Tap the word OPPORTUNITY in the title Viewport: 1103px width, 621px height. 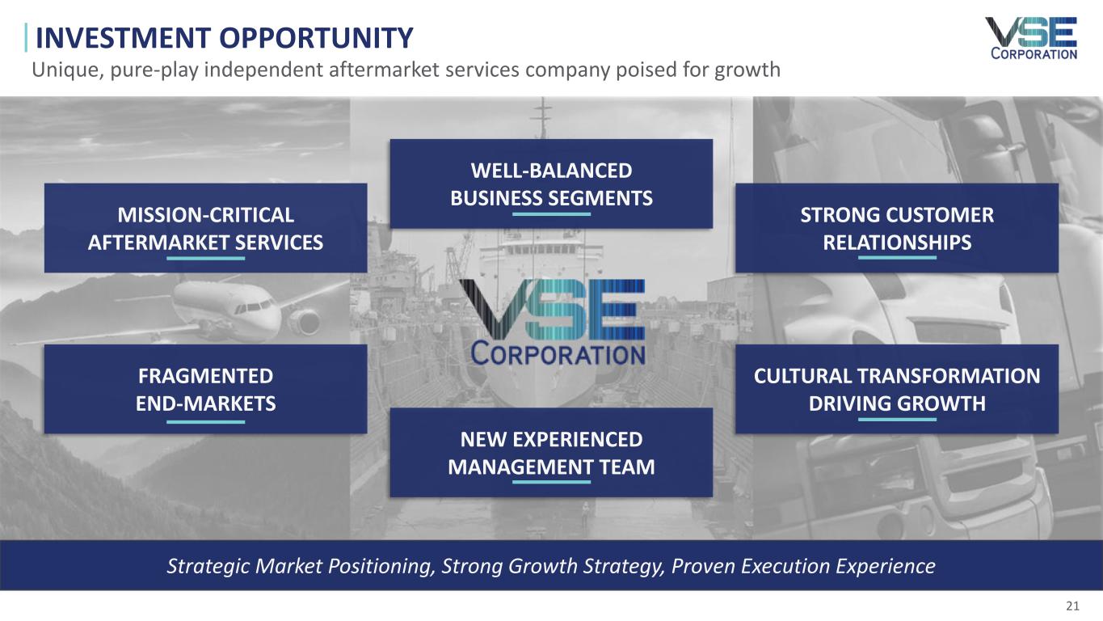tap(316, 38)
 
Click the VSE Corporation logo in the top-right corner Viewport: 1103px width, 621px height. tap(1032, 39)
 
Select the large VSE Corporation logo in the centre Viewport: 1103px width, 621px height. tap(552, 323)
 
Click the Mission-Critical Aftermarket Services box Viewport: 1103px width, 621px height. tap(206, 228)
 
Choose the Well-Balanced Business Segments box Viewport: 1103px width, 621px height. tap(551, 184)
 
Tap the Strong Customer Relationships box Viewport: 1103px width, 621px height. tap(897, 228)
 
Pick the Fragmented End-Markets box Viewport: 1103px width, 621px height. tap(206, 389)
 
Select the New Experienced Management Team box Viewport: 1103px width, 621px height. tap(551, 453)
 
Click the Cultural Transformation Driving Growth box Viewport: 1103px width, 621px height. tap(897, 389)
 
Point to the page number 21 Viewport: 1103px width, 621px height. tap(1072, 606)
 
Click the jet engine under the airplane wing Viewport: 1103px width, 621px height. tap(304, 321)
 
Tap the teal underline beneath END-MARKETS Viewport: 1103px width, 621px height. tap(206, 422)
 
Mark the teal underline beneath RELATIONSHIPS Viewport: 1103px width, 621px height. tap(897, 257)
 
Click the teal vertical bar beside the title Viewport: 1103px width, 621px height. tap(26, 37)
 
